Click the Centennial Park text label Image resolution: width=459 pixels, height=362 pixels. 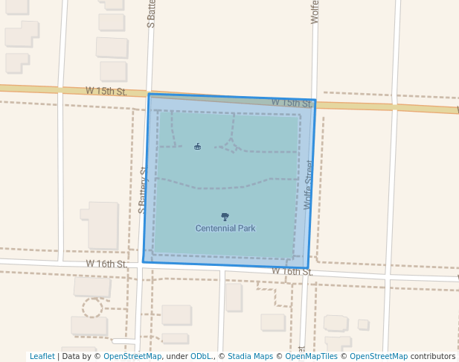coord(225,229)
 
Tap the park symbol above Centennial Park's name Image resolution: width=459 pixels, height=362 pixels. coord(225,217)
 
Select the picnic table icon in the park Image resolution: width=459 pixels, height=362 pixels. coord(197,147)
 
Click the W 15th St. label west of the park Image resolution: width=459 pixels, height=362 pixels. coord(106,91)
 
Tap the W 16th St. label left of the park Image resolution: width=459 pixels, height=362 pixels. coord(106,264)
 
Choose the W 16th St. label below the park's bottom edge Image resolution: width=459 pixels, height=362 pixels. coord(292,272)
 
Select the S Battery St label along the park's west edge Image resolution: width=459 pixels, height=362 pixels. coord(143,191)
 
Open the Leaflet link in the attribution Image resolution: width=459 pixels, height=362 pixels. coord(42,357)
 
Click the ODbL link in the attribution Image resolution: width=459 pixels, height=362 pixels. coord(201,357)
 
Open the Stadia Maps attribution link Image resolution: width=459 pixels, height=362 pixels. coord(250,357)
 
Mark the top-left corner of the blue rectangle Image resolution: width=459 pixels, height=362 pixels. coord(150,95)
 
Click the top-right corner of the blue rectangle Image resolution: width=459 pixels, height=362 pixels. coord(315,101)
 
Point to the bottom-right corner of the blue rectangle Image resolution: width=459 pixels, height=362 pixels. coord(308,268)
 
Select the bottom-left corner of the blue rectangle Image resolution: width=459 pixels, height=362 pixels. coord(144,262)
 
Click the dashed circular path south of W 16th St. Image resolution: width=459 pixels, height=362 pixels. coord(92,308)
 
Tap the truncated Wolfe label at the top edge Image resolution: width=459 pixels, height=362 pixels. coord(315,12)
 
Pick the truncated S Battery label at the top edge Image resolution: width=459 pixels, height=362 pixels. coord(151,13)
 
